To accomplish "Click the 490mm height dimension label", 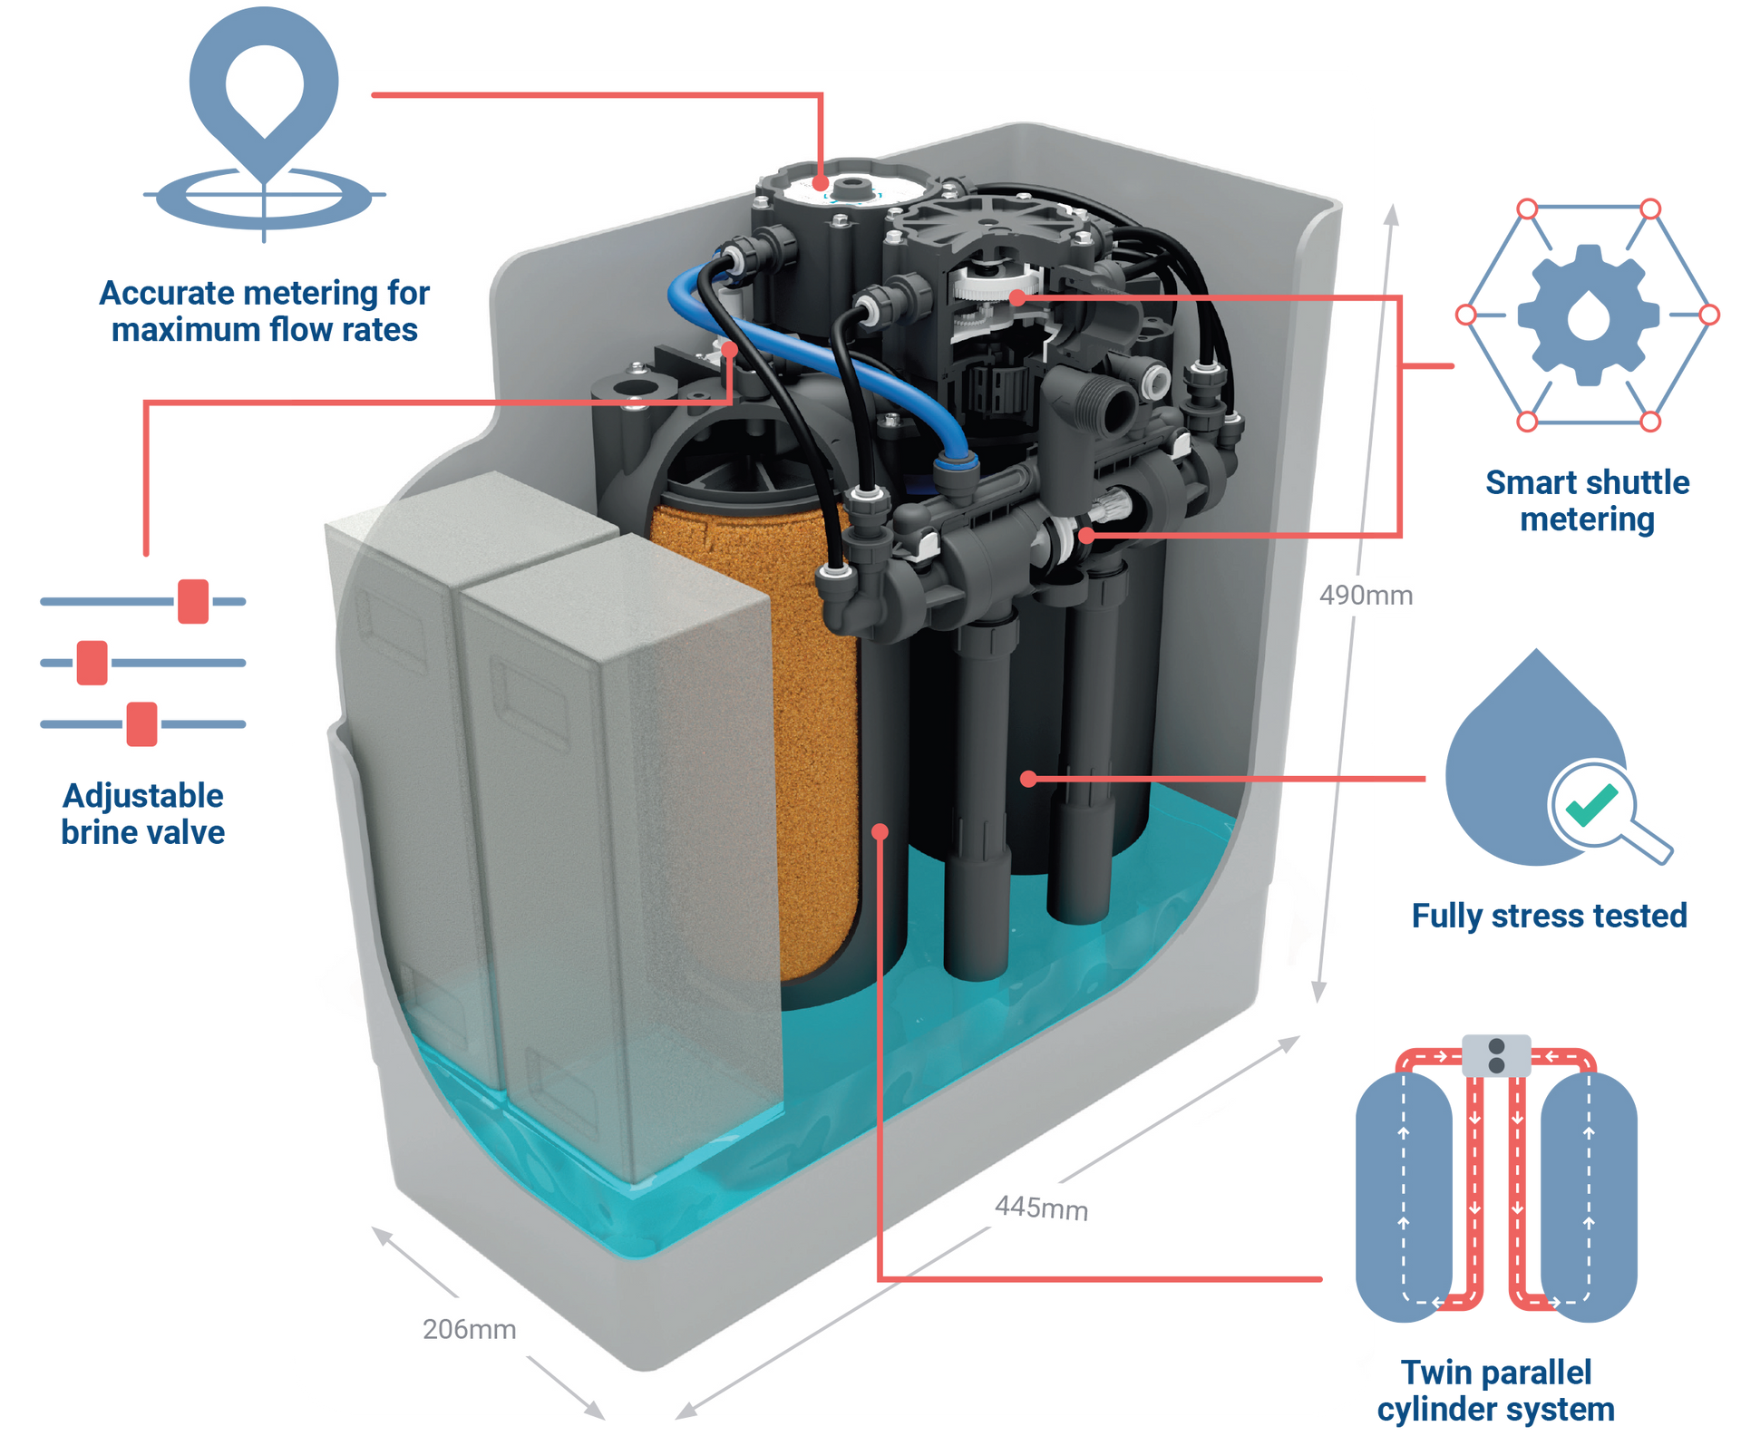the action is click(1366, 596).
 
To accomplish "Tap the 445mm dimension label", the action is click(1041, 1208).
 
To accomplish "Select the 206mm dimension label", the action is click(469, 1329).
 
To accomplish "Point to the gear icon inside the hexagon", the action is click(1588, 315).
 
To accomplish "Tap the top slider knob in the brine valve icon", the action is click(193, 601).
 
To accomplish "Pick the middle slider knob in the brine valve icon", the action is click(92, 663).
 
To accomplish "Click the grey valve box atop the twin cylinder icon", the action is click(1496, 1056).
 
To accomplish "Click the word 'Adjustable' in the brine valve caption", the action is click(143, 796).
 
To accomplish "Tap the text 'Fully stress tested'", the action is click(1549, 916).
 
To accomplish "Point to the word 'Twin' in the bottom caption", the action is click(1433, 1373).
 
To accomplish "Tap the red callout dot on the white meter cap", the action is click(821, 183).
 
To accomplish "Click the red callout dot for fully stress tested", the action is click(1027, 779).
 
